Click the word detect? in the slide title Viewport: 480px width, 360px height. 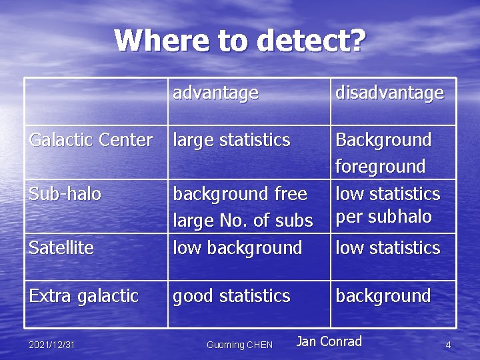pyautogui.click(x=311, y=41)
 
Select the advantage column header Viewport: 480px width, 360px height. pyautogui.click(x=215, y=93)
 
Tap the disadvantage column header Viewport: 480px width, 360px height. pyautogui.click(x=389, y=93)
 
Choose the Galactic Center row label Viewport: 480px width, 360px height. pyautogui.click(x=91, y=140)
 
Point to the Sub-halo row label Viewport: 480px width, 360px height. pyautogui.click(x=65, y=194)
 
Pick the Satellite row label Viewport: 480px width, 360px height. pyautogui.click(x=61, y=248)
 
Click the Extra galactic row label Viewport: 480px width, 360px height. pyautogui.click(x=83, y=295)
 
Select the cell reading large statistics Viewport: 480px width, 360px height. pyautogui.click(x=231, y=140)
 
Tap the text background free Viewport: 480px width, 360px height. pyautogui.click(x=240, y=194)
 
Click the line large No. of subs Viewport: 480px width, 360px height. pyautogui.click(x=243, y=220)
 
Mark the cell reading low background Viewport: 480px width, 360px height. pyautogui.click(x=237, y=248)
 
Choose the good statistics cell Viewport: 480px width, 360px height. pyautogui.click(x=231, y=295)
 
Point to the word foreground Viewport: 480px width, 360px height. pyautogui.click(x=380, y=166)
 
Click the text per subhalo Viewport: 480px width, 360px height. pyautogui.click(x=383, y=217)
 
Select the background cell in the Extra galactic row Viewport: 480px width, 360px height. pyautogui.click(x=383, y=295)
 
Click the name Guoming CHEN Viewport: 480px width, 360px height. pyautogui.click(x=239, y=345)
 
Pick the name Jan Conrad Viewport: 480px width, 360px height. pyautogui.click(x=329, y=341)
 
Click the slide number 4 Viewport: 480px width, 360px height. pyautogui.click(x=448, y=345)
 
